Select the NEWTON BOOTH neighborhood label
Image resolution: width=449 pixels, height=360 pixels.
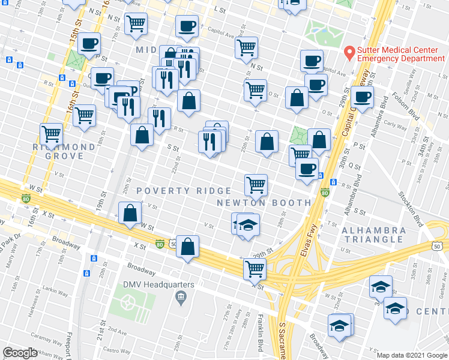[x=264, y=203]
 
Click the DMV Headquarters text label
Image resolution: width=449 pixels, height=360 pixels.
[x=159, y=284]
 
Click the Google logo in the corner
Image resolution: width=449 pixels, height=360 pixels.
[x=20, y=353]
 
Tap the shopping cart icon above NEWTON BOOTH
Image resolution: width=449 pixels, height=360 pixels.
[x=256, y=184]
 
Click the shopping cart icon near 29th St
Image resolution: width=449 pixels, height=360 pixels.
[x=255, y=269]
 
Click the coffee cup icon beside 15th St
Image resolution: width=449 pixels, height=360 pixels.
[x=89, y=43]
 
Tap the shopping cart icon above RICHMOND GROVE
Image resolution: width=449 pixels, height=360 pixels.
[x=52, y=133]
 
